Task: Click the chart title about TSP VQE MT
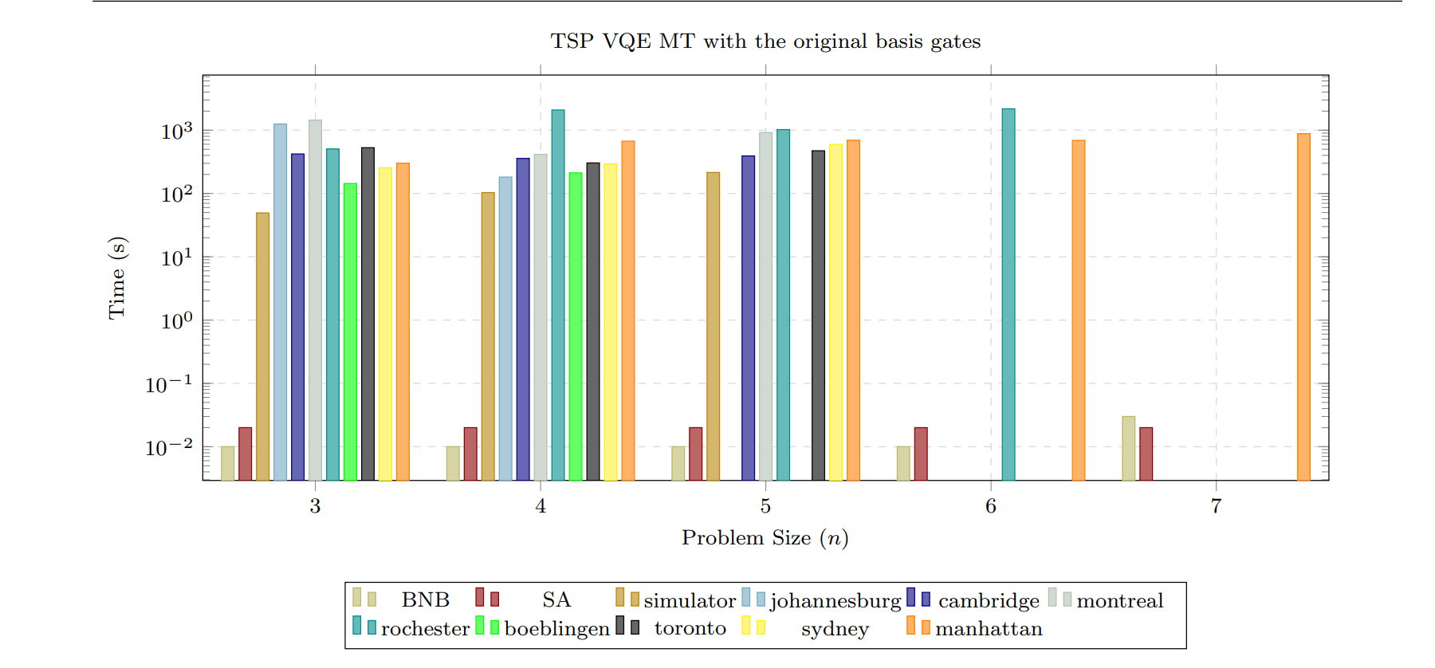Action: click(765, 41)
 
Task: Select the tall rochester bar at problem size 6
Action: click(1008, 295)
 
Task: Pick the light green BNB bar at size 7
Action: click(1128, 448)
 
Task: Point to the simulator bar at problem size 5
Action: click(713, 326)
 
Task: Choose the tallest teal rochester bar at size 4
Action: click(558, 295)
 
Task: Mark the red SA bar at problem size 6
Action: click(921, 454)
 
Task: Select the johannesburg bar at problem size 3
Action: click(280, 302)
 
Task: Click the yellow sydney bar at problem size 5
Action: click(835, 312)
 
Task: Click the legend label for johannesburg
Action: click(835, 601)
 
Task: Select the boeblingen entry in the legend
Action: click(556, 629)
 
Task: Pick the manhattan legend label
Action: click(989, 629)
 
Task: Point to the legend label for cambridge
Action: click(989, 601)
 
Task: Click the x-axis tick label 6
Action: click(991, 506)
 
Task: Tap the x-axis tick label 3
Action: click(316, 506)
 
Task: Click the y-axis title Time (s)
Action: click(117, 277)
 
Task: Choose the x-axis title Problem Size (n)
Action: click(765, 538)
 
